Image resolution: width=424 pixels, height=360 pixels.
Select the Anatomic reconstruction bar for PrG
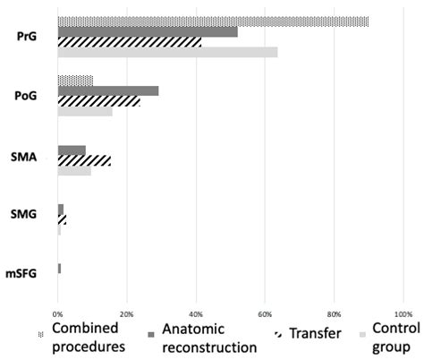pyautogui.click(x=148, y=31)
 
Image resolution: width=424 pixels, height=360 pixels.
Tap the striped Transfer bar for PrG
pyautogui.click(x=130, y=42)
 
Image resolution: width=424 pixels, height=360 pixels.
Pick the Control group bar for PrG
pyautogui.click(x=167, y=52)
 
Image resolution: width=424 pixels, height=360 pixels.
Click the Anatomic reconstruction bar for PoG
pyautogui.click(x=108, y=91)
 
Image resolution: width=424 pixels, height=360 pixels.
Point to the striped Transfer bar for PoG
pyautogui.click(x=98, y=101)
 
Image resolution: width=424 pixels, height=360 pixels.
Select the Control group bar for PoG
pyautogui.click(x=85, y=111)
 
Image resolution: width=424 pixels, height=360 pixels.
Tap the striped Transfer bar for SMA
pyautogui.click(x=84, y=160)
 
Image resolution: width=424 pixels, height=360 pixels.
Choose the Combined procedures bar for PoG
pyautogui.click(x=75, y=81)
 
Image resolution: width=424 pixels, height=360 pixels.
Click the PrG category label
pyautogui.click(x=26, y=37)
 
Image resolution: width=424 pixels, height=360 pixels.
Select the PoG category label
pyautogui.click(x=26, y=96)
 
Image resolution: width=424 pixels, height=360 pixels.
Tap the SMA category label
pyautogui.click(x=26, y=155)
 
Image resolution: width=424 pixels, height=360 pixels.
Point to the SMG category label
pyautogui.click(x=26, y=214)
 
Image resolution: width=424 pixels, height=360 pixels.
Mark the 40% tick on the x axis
pyautogui.click(x=196, y=314)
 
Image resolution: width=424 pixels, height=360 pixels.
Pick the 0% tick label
pyautogui.click(x=58, y=314)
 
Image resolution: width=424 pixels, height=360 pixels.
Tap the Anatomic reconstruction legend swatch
pyautogui.click(x=151, y=333)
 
